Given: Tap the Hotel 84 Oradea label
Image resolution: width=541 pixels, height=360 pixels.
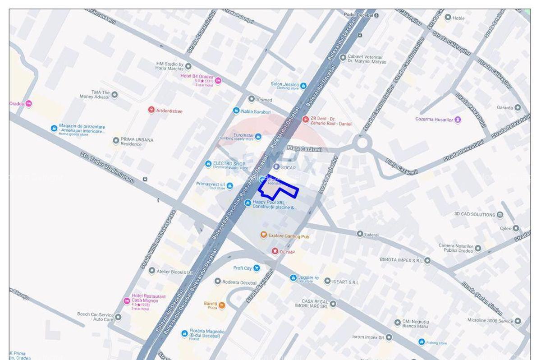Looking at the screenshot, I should (x=197, y=76).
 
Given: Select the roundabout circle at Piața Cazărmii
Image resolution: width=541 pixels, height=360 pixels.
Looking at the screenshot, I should (x=362, y=144).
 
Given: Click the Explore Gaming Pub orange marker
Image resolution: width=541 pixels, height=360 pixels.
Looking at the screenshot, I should (x=264, y=235).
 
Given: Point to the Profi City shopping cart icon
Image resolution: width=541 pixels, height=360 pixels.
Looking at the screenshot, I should (x=257, y=268).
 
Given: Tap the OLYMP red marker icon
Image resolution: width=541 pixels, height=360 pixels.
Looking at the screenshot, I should (x=275, y=251).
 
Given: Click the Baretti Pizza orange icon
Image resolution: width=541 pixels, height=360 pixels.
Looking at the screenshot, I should (x=222, y=305).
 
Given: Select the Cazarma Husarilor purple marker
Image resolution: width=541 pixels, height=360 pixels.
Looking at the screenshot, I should (x=458, y=120).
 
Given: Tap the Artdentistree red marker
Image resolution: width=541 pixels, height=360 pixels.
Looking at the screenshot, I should (x=151, y=110).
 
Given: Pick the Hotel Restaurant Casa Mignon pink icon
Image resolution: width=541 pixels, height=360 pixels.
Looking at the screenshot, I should (x=127, y=301).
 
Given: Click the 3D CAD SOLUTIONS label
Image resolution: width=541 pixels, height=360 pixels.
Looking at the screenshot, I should (x=475, y=214).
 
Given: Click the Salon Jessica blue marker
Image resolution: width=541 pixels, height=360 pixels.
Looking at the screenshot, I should (x=303, y=86).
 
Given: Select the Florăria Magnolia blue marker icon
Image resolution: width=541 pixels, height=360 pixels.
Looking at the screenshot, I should (x=184, y=334).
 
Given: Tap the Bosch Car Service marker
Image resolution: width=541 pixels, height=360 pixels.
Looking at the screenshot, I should (x=118, y=317).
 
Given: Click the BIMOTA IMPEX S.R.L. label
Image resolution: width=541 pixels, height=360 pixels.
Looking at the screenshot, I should (x=402, y=260).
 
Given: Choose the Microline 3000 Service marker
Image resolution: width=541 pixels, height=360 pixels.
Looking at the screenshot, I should (x=518, y=321).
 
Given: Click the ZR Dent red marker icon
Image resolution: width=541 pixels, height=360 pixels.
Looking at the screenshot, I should (x=305, y=120).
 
